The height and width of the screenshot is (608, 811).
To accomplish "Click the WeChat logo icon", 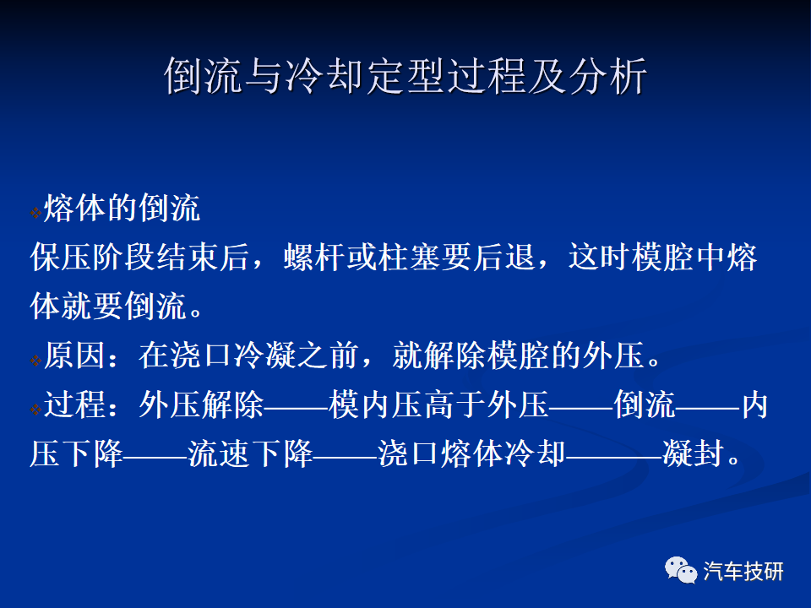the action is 681,570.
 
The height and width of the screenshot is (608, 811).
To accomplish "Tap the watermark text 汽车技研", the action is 743,572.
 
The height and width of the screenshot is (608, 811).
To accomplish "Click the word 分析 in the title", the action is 608,76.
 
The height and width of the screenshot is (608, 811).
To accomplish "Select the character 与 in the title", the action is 264,76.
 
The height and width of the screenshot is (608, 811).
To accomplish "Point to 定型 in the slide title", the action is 405,76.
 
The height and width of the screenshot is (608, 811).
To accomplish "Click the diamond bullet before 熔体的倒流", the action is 35,212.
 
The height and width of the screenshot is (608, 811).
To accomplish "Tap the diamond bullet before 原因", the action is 35,360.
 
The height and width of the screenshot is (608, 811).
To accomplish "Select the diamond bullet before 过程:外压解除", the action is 35,409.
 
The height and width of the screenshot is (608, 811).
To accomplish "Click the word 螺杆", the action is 314,257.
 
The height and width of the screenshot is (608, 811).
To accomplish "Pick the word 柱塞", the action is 410,257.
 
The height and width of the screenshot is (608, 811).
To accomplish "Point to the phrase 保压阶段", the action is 93,257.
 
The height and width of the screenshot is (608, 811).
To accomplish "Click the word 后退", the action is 504,257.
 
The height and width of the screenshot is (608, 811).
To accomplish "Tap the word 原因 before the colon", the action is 74,356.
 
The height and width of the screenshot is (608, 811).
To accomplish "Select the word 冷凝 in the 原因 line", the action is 264,356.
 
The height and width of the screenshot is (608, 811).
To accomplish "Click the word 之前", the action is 329,356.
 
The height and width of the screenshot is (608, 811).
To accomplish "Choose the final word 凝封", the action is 694,453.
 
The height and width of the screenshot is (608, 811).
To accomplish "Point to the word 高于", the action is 455,404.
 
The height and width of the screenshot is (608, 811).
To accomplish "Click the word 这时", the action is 600,257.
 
